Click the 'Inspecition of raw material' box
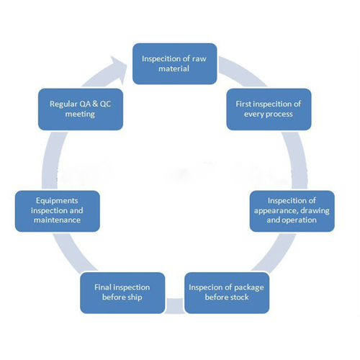tap(175, 63)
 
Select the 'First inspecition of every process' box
tap(269, 109)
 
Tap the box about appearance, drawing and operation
tap(292, 211)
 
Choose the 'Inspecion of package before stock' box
tap(227, 292)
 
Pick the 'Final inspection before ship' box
tap(122, 292)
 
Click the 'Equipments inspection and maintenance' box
tap(58, 211)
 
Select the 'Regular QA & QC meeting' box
tap(81, 109)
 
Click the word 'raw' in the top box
tap(199, 59)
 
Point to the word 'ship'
tap(135, 298)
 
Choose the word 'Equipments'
tap(57, 201)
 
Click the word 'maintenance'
tap(57, 220)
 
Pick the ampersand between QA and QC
tap(95, 104)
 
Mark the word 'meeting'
tap(80, 114)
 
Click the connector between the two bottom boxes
tap(175, 305)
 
